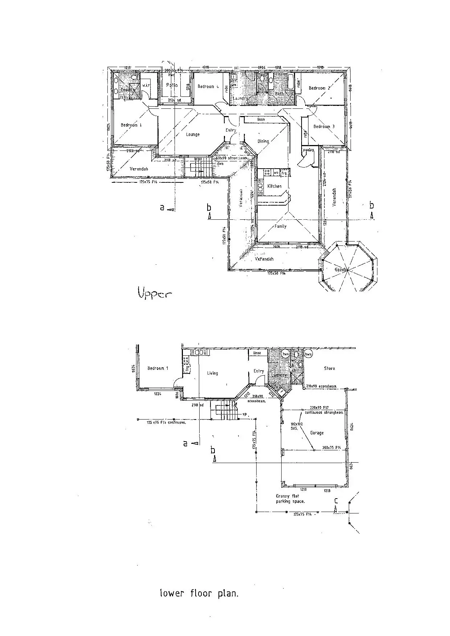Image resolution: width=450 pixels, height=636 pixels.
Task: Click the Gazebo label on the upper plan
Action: click(x=341, y=270)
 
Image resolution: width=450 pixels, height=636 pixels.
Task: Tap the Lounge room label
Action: click(x=193, y=135)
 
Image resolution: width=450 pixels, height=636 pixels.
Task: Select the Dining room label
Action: click(x=263, y=141)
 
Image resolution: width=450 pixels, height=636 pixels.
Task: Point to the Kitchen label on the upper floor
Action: click(x=274, y=186)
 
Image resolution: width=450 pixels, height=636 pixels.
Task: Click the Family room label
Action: click(x=280, y=226)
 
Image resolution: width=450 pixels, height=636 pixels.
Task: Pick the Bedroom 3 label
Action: click(x=324, y=127)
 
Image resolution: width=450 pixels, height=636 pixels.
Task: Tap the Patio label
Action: click(x=172, y=85)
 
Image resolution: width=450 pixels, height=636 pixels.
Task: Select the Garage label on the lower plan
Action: click(x=317, y=433)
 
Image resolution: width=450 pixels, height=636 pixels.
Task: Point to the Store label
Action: click(x=329, y=368)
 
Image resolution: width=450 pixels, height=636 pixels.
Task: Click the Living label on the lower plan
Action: click(x=212, y=373)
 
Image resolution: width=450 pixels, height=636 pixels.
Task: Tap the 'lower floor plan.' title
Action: click(x=199, y=594)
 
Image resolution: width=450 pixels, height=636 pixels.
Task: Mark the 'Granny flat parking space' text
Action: click(x=290, y=499)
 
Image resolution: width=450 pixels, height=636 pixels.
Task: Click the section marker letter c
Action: click(x=336, y=501)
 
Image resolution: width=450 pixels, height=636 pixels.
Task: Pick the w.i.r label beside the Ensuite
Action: click(x=146, y=86)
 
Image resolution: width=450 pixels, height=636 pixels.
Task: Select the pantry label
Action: click(x=308, y=150)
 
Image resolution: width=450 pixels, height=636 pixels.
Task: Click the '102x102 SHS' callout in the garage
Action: click(x=296, y=426)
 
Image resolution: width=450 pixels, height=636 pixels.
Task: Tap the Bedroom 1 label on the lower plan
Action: click(x=157, y=368)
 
